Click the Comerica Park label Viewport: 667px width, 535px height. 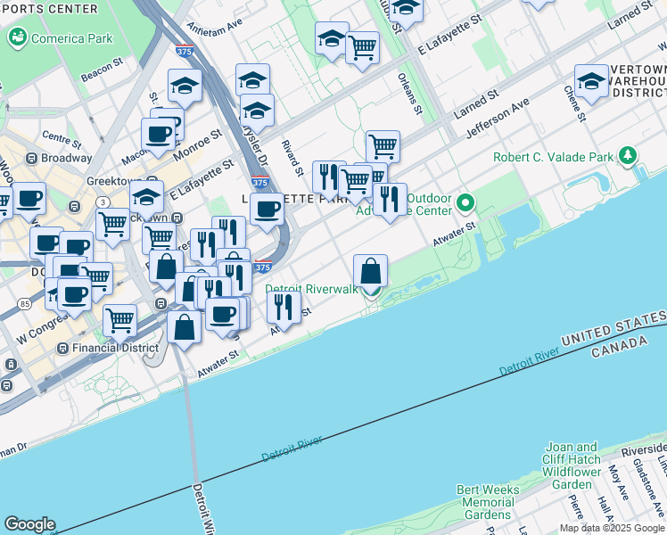click(71, 38)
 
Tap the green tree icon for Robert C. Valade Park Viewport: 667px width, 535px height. click(629, 156)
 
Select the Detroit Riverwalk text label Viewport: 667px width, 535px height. click(311, 289)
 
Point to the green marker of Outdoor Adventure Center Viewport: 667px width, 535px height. click(465, 204)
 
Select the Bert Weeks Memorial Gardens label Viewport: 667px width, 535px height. click(488, 502)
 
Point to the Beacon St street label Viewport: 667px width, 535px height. click(101, 70)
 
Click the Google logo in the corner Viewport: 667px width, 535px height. click(29, 523)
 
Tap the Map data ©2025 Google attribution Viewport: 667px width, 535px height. click(612, 528)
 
